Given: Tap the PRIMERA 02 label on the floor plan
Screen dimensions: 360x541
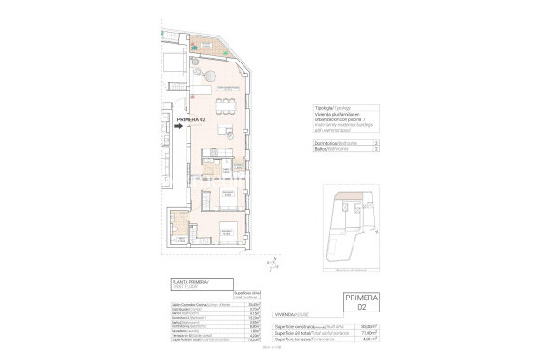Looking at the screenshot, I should click(190, 118).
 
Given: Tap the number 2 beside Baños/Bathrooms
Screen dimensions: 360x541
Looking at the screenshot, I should click(375, 149).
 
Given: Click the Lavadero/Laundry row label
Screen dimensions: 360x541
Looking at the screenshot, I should click(187, 332).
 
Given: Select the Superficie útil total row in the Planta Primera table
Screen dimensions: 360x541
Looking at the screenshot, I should click(196, 342).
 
